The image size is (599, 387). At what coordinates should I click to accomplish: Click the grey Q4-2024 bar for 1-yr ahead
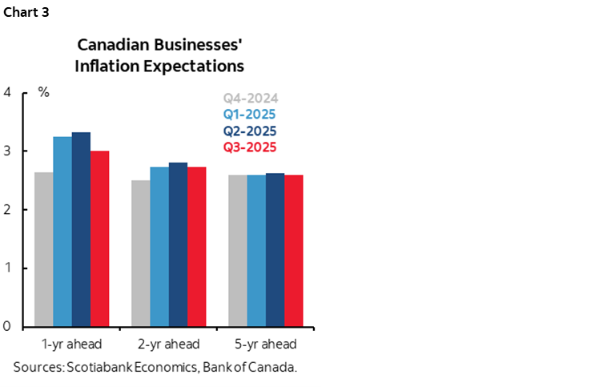(43, 249)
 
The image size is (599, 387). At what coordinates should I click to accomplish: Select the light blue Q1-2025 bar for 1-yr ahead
(62, 232)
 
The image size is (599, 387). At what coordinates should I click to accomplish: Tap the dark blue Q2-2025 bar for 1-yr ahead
(81, 229)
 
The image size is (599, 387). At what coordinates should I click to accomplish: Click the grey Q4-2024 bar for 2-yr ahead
(140, 253)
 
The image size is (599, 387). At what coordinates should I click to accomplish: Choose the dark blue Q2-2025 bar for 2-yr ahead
(178, 244)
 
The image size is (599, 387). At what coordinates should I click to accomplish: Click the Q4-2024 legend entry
(250, 99)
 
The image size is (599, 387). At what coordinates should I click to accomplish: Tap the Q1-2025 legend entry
(250, 115)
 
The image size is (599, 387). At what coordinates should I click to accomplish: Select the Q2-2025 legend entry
(250, 131)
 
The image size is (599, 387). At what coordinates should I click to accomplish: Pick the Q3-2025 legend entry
(250, 147)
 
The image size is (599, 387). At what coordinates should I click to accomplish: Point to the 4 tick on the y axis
(7, 92)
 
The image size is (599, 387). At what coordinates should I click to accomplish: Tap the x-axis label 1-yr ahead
(71, 345)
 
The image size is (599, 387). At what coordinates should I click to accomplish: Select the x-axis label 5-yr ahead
(266, 345)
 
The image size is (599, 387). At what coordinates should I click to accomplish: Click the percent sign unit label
(44, 92)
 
